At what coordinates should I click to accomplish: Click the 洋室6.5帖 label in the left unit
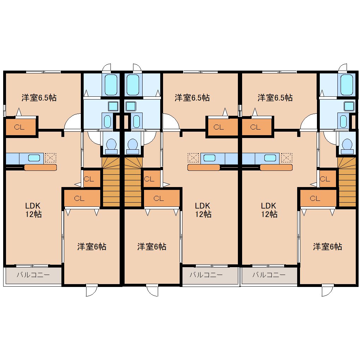[x=39, y=98]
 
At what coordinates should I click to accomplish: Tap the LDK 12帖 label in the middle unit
[x=203, y=210]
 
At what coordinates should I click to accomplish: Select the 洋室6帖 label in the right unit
[x=328, y=247]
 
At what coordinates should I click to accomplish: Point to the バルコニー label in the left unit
[x=33, y=275]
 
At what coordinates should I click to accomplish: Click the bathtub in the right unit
[x=347, y=84]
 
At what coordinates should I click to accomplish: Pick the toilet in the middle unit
[x=132, y=146]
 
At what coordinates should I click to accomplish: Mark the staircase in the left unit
[x=111, y=182]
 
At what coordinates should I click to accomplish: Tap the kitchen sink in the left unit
[x=34, y=158]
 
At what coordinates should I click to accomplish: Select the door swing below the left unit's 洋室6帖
[x=92, y=290]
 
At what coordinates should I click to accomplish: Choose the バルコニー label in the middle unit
[x=206, y=275]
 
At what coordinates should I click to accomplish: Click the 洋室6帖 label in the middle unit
[x=152, y=247]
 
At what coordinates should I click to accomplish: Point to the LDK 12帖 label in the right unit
[x=269, y=210]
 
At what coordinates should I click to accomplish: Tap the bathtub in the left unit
[x=111, y=84]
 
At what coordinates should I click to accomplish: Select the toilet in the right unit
[x=347, y=146]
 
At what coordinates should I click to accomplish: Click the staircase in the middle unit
[x=133, y=182]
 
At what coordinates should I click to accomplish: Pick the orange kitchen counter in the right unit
[x=276, y=167]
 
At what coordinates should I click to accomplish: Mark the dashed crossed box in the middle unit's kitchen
[x=193, y=158]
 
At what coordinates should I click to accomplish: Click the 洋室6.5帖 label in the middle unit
[x=192, y=98]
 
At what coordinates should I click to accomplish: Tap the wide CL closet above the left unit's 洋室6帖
[x=82, y=198]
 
